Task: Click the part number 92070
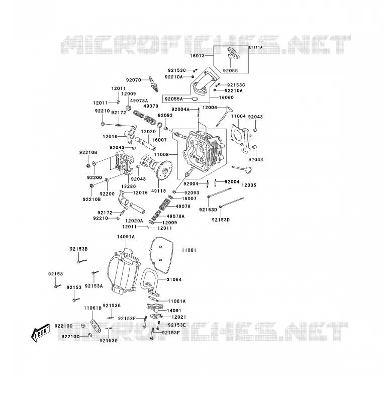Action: [134, 80]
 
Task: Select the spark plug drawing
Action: [153, 84]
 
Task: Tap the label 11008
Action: [161, 155]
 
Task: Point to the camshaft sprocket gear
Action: [164, 171]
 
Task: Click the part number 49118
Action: [158, 191]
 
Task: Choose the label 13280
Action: [128, 186]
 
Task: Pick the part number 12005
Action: [249, 185]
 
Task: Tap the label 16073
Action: [197, 56]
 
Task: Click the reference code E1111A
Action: [255, 47]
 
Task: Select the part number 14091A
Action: [126, 237]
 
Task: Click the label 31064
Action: [174, 279]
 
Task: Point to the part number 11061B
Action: [93, 308]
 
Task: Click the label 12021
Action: [179, 317]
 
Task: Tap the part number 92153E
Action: [177, 325]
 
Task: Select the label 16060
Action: [226, 97]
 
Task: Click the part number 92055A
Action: [174, 99]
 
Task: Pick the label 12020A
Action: [134, 221]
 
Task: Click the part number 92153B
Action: [79, 249]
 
